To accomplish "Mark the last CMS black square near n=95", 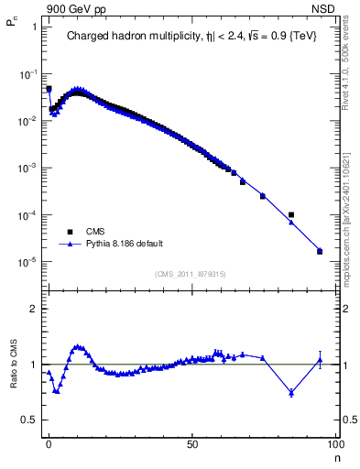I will [320, 251].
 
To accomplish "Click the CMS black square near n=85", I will [291, 215].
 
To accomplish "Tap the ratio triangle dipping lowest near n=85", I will [291, 393].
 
